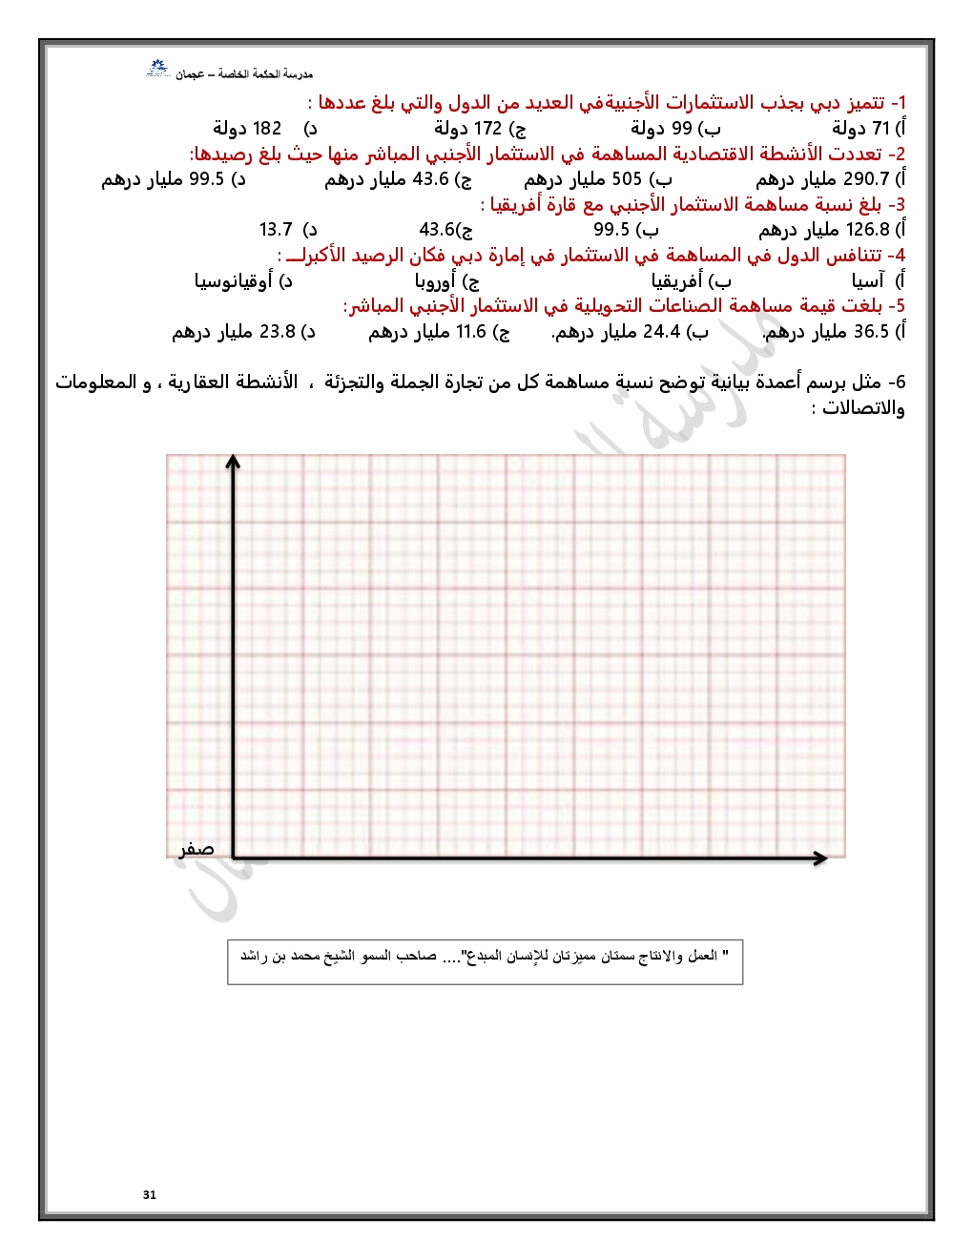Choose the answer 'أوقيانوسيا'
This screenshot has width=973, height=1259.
click(234, 280)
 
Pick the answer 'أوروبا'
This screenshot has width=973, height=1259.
click(436, 280)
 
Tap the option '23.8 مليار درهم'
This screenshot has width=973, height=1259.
click(242, 332)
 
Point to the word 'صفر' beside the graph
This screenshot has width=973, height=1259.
click(197, 849)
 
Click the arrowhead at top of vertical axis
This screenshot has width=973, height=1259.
click(233, 462)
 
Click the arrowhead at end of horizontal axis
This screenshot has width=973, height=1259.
click(819, 858)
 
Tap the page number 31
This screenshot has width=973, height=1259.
click(150, 1194)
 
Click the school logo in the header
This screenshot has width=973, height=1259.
click(157, 69)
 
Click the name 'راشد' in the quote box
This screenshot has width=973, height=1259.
click(252, 956)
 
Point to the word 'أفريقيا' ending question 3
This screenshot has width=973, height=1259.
click(516, 204)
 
